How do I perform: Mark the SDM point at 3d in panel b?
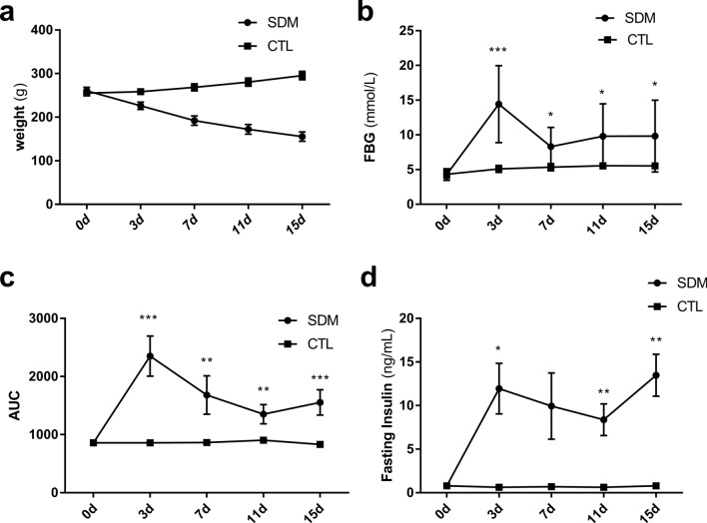pyautogui.click(x=496, y=104)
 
